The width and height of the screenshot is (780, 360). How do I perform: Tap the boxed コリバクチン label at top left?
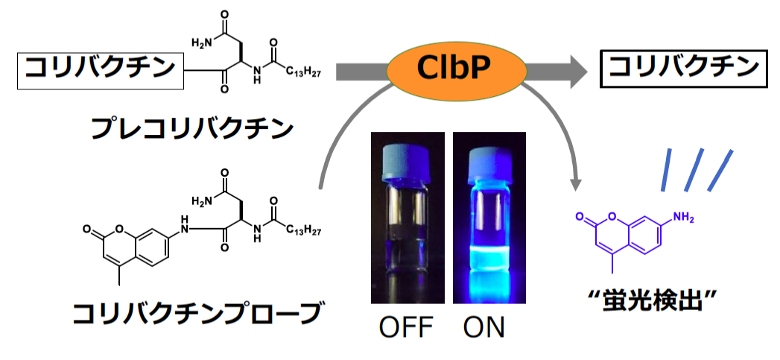point(101,71)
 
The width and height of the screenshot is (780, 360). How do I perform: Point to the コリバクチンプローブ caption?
point(195,313)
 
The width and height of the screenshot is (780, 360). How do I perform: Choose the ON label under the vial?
point(483,328)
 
